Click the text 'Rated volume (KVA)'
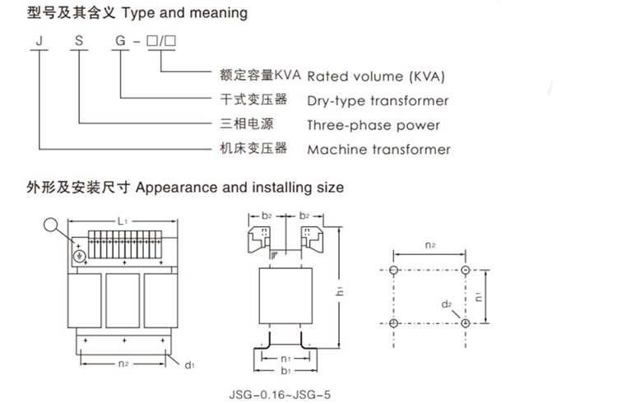point(376,77)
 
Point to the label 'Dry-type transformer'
point(378,101)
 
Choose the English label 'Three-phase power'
point(373,126)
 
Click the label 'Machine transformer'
point(378,150)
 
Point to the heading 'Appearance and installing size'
point(239,188)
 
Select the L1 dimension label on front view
point(121,223)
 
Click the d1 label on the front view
point(188,363)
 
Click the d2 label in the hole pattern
point(447,305)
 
